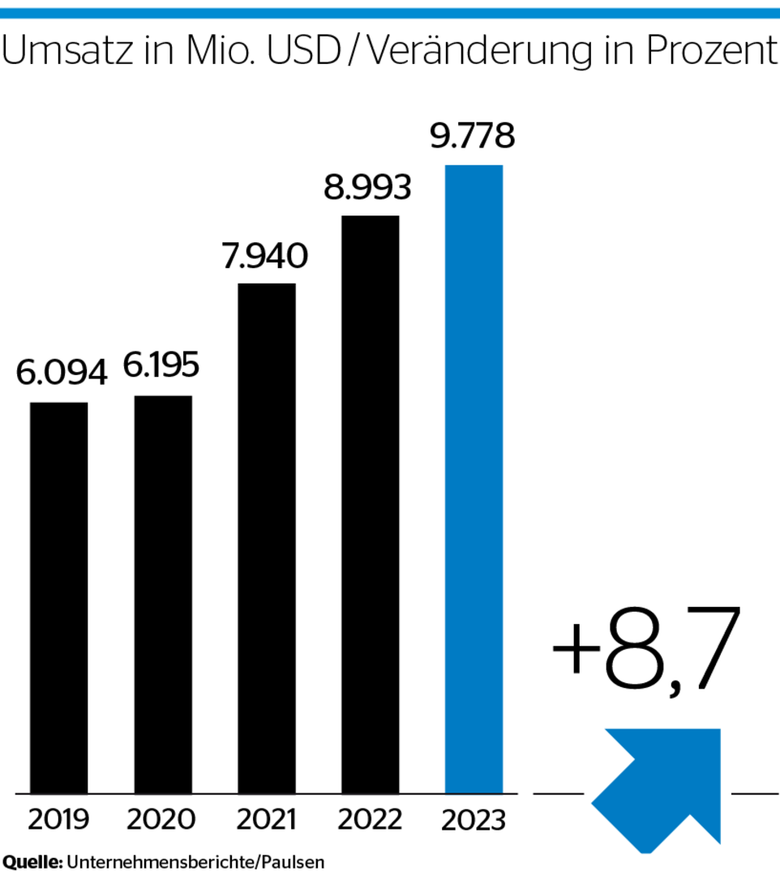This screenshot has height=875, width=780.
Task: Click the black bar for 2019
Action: [x=59, y=597]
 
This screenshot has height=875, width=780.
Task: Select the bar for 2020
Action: [x=163, y=594]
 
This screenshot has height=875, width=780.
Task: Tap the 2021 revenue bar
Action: [x=267, y=538]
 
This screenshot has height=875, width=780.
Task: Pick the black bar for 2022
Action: [x=371, y=504]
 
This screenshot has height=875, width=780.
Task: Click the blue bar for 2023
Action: [x=474, y=478]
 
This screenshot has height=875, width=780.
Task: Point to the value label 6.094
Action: [x=62, y=374]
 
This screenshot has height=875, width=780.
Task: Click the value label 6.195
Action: [x=161, y=366]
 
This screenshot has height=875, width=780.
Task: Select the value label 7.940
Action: [x=265, y=256]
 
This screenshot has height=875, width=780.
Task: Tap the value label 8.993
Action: [x=368, y=188]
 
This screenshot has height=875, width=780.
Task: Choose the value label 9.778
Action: [x=473, y=136]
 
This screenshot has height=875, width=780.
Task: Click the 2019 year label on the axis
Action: [x=60, y=819]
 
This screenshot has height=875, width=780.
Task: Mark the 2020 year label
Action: [x=161, y=819]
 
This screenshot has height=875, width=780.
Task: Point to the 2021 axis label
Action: [x=265, y=819]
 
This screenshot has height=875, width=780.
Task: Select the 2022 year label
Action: [x=370, y=819]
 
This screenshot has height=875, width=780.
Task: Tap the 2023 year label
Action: [x=474, y=820]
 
